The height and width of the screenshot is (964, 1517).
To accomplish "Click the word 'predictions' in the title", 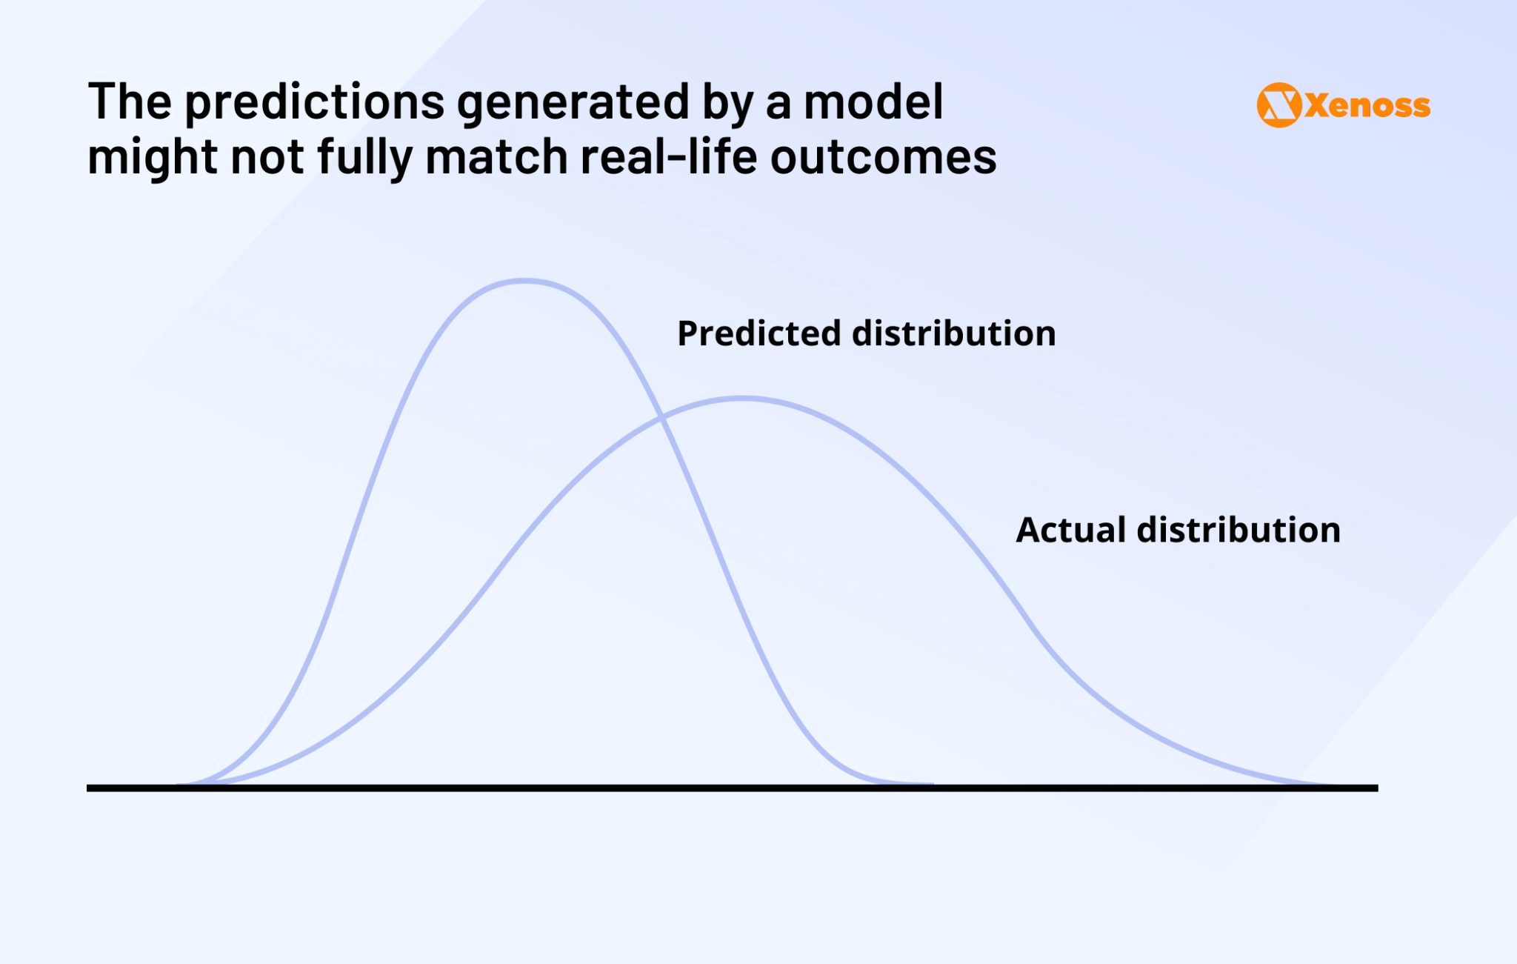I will [x=314, y=102].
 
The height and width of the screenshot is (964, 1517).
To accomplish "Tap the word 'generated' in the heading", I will [x=573, y=102].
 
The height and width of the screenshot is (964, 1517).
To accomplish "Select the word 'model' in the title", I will [x=873, y=102].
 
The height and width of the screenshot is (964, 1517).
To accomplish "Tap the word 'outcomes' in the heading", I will [x=883, y=158].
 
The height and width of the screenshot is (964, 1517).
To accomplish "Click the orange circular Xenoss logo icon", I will [x=1278, y=105].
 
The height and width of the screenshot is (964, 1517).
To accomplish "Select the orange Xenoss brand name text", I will [x=1367, y=106].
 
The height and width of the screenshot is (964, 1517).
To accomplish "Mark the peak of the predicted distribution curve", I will [x=524, y=281].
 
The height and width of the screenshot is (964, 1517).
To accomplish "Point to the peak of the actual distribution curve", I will [x=743, y=399].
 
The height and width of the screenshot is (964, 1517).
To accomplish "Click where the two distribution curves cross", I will [x=661, y=419].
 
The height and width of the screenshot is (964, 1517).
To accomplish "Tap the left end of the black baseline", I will [x=90, y=788].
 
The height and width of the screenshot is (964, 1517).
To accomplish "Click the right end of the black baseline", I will [x=1376, y=788].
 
